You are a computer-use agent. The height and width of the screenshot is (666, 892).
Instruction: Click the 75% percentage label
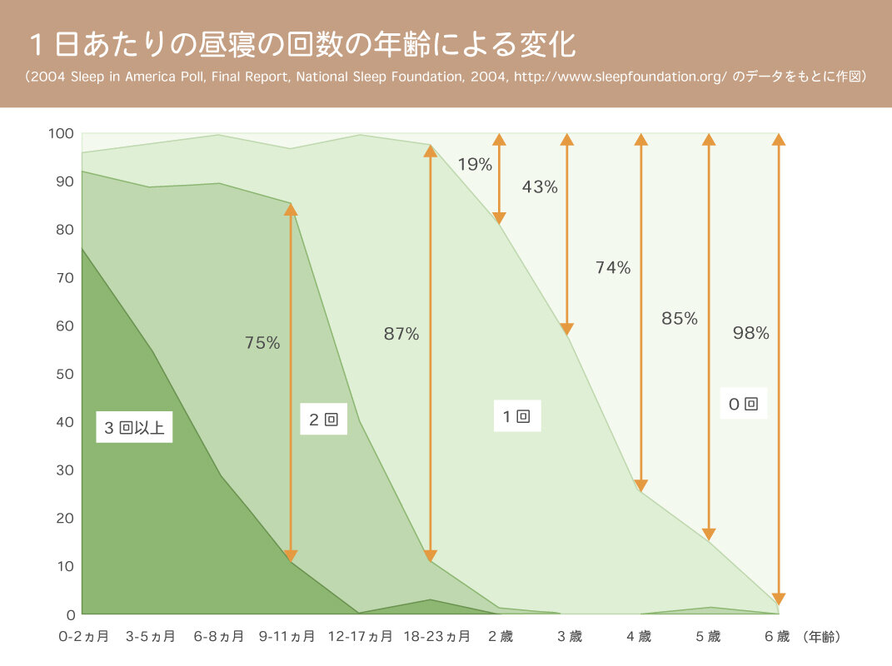pyautogui.click(x=262, y=342)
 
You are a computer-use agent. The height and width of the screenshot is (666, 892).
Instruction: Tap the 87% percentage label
pyautogui.click(x=401, y=334)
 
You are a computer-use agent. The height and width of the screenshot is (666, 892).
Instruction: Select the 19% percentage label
pyautogui.click(x=475, y=164)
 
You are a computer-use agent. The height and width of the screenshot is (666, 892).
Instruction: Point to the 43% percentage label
pyautogui.click(x=540, y=187)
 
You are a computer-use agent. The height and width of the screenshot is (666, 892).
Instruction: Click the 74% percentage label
pyautogui.click(x=613, y=267)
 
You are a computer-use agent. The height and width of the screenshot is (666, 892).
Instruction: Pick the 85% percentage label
pyautogui.click(x=680, y=318)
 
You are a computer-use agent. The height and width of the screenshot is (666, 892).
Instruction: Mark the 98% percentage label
pyautogui.click(x=751, y=333)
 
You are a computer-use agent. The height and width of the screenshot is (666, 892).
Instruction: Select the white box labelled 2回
pyautogui.click(x=323, y=420)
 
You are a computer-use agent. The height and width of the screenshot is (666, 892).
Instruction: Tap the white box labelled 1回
pyautogui.click(x=516, y=416)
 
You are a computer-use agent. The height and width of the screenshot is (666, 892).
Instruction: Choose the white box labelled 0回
pyautogui.click(x=743, y=405)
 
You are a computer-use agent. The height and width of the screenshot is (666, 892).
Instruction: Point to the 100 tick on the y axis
pyautogui.click(x=65, y=133)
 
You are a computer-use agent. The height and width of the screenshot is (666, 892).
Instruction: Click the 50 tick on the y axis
pyautogui.click(x=65, y=374)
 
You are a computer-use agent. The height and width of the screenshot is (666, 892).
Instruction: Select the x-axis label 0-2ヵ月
pyautogui.click(x=83, y=637)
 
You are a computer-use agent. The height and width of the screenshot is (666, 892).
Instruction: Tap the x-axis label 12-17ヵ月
pyautogui.click(x=361, y=637)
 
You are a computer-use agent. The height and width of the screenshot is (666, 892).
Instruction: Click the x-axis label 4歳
pyautogui.click(x=639, y=637)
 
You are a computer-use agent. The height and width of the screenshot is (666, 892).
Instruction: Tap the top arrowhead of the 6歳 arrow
pyautogui.click(x=778, y=139)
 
